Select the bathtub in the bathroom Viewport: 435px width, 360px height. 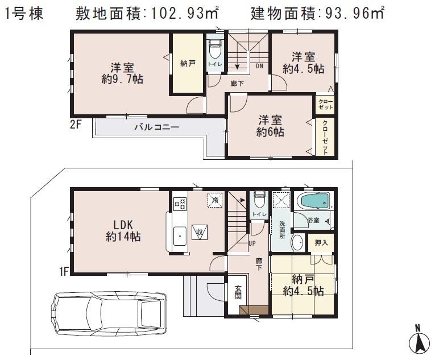(x=312, y=202)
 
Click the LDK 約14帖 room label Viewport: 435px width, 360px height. (x=122, y=229)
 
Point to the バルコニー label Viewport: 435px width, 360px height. (x=156, y=127)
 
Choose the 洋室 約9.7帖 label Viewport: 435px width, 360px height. (x=122, y=73)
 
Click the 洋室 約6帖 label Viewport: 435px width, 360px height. (x=270, y=126)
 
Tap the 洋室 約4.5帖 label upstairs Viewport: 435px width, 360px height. (x=304, y=63)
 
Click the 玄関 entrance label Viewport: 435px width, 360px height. (x=238, y=292)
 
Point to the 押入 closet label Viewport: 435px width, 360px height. (x=321, y=243)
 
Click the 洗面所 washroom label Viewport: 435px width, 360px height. (x=280, y=229)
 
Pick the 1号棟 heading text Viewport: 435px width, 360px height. (x=24, y=14)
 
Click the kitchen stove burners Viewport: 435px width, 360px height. (x=180, y=203)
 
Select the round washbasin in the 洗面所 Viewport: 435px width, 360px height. (x=297, y=242)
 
